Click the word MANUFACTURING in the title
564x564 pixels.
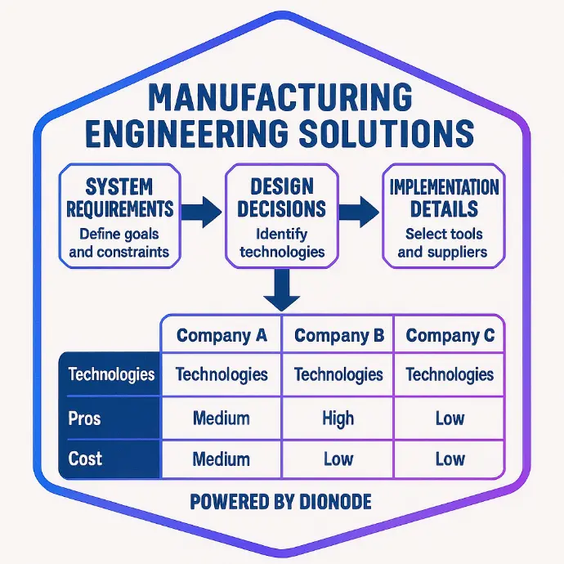click(x=280, y=97)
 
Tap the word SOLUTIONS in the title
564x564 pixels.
click(x=387, y=133)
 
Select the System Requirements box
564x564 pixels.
click(x=120, y=216)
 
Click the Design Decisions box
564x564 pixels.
click(x=282, y=216)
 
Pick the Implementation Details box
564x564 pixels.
click(x=444, y=216)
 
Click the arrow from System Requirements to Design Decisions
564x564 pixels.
click(x=201, y=213)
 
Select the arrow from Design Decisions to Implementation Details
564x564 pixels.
click(x=359, y=213)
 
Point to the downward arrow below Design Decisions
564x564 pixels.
click(x=282, y=290)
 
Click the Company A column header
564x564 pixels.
click(x=222, y=335)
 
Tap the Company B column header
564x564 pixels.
click(x=339, y=335)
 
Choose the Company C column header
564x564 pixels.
click(x=450, y=335)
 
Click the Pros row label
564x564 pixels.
click(x=84, y=419)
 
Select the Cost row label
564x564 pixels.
click(x=85, y=459)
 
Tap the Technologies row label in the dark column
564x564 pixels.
click(x=111, y=374)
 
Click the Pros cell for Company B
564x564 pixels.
click(x=338, y=419)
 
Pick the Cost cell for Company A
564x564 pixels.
click(x=222, y=459)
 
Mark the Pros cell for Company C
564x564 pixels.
click(x=450, y=419)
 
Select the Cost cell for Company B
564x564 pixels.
click(x=338, y=459)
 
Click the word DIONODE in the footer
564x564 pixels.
click(x=335, y=502)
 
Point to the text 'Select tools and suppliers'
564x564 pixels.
click(x=443, y=243)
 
